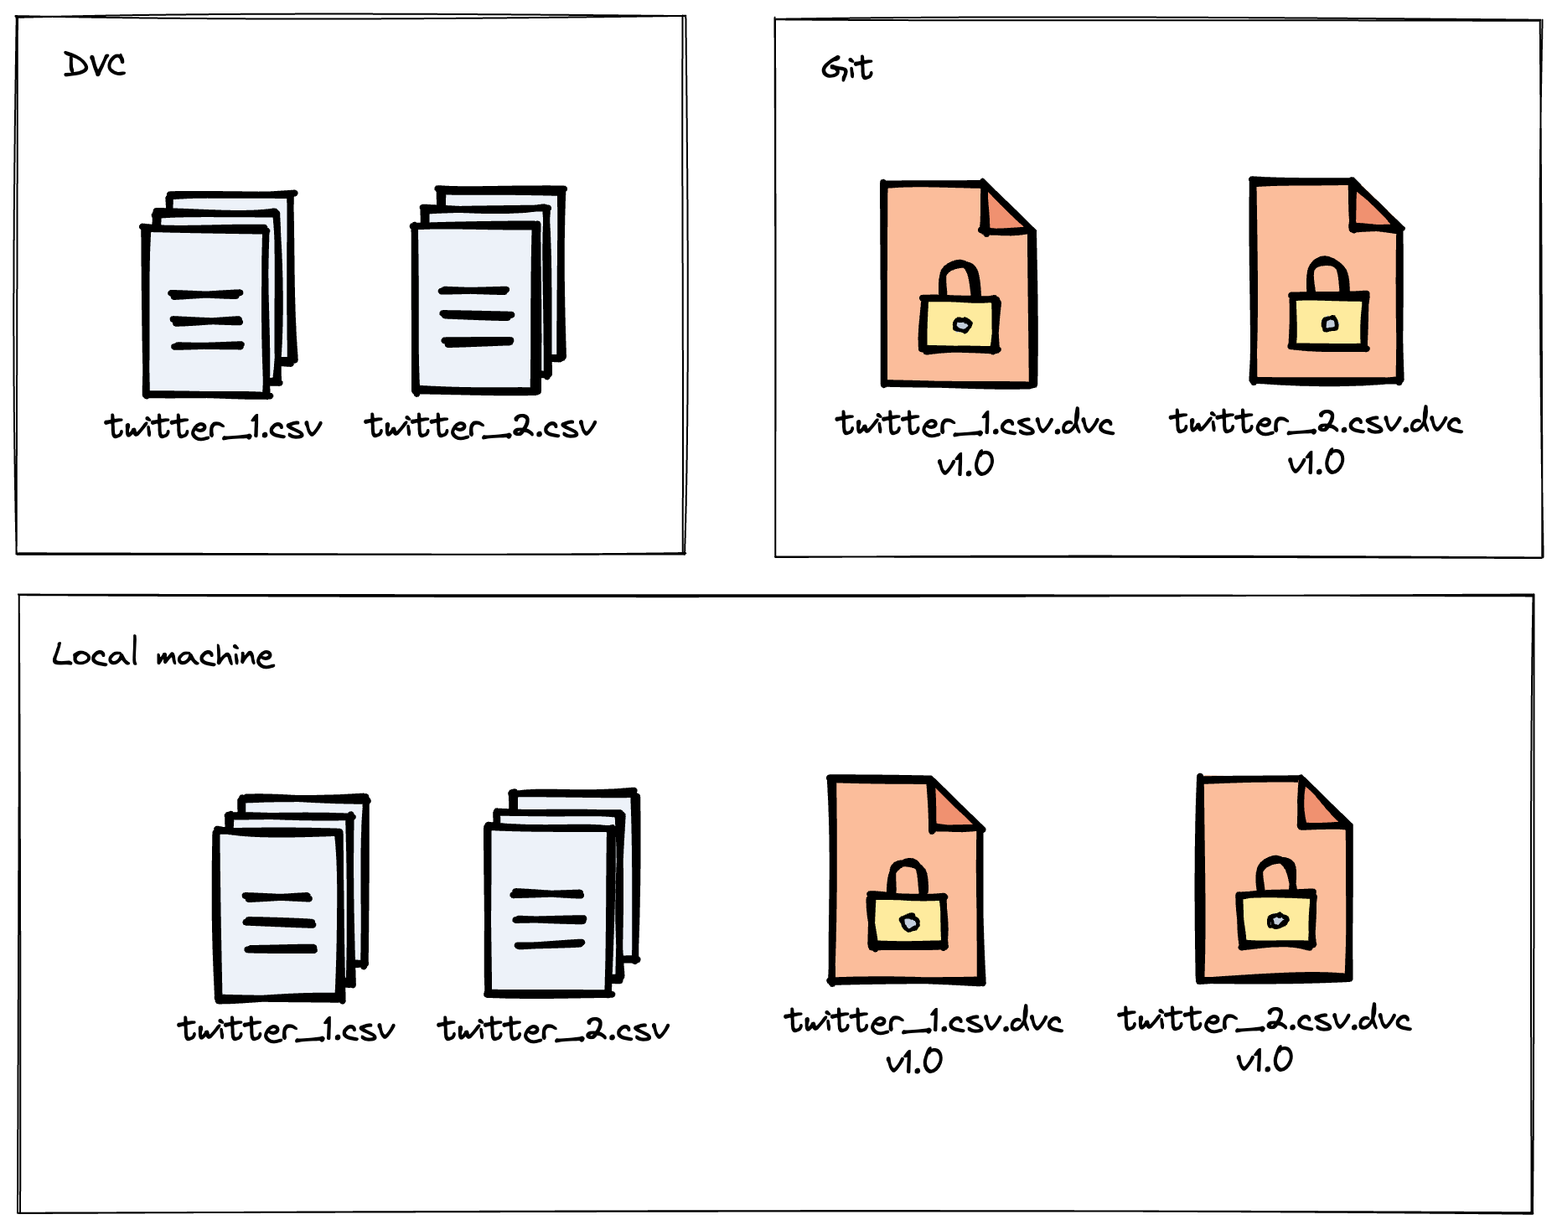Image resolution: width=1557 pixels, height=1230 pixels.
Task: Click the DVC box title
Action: tap(94, 65)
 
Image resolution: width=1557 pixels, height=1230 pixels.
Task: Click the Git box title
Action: tap(846, 68)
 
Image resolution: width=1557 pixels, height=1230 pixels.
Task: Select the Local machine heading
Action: tap(163, 654)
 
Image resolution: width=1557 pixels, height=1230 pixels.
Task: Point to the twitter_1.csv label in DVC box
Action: tap(213, 427)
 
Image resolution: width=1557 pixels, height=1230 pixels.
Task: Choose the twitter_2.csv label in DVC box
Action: tap(480, 426)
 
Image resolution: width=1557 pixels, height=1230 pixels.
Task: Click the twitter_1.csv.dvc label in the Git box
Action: tap(975, 424)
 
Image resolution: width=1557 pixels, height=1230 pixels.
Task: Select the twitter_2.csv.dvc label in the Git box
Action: tap(1316, 422)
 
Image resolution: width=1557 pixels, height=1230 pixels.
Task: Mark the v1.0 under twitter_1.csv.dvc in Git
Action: tap(965, 464)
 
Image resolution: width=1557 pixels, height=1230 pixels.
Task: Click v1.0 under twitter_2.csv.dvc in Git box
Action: tap(1316, 463)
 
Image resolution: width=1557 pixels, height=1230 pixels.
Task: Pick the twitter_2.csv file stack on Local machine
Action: tap(561, 893)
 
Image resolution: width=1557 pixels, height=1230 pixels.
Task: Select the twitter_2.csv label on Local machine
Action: tap(553, 1030)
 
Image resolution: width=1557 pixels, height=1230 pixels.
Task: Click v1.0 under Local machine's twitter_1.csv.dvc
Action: tap(914, 1062)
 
